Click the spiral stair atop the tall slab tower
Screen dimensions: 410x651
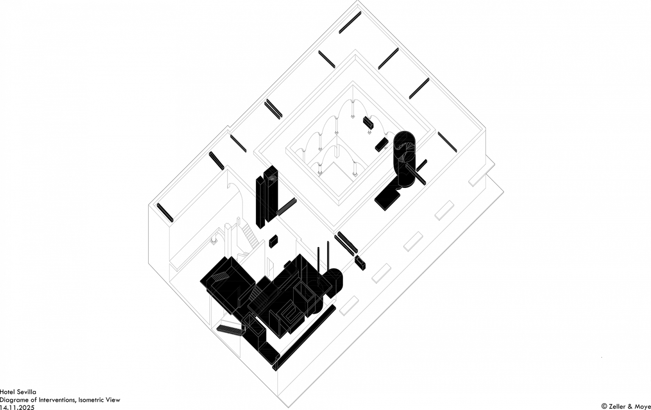coord(270,176)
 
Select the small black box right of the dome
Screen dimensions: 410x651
coord(361,262)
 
